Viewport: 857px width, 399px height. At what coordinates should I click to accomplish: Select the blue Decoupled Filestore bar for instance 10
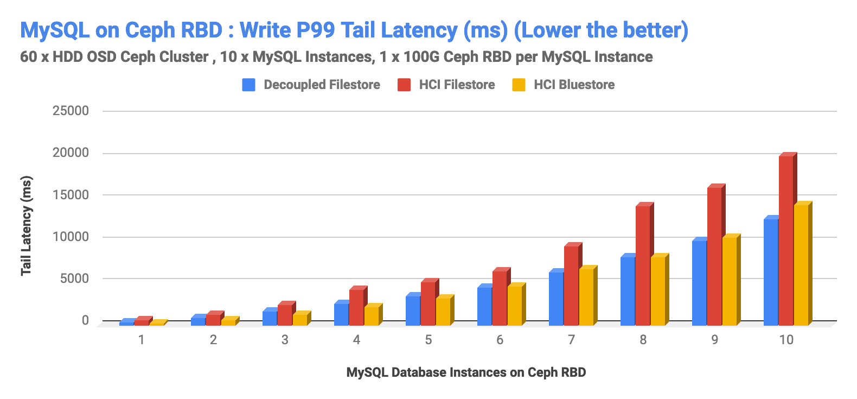[771, 271]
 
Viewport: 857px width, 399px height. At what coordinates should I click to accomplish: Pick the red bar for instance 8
[643, 265]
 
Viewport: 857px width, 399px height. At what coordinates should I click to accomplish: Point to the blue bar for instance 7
[556, 298]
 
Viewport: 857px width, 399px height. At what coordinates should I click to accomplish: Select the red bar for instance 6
[500, 298]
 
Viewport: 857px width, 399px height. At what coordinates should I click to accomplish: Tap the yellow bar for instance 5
[443, 312]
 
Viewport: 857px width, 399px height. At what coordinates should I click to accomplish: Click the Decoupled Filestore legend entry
[321, 85]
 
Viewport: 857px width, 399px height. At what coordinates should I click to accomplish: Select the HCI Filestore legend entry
[456, 85]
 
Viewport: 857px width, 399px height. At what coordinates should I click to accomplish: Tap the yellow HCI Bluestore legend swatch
[519, 85]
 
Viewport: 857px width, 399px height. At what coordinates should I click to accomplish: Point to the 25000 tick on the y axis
[71, 111]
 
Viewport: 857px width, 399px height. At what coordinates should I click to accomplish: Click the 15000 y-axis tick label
[71, 195]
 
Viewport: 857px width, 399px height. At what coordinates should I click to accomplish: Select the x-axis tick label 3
[285, 340]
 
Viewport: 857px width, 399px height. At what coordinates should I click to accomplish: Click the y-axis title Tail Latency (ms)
[26, 225]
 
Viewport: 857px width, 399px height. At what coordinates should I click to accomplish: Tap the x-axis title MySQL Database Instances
[466, 372]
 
